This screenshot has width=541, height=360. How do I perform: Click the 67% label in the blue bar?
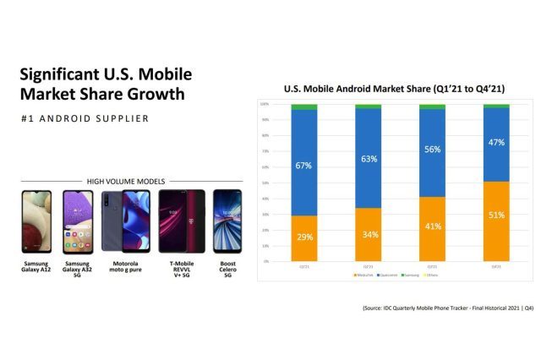[x=303, y=166]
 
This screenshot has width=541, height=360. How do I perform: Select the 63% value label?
[x=368, y=158]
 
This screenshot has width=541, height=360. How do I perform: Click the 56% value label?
[x=432, y=149]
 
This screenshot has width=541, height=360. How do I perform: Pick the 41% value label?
[x=432, y=227]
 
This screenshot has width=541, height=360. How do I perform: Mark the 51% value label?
[x=496, y=215]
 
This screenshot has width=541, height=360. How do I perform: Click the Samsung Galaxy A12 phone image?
[x=36, y=222]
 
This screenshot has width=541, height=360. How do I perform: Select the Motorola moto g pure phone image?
[x=124, y=222]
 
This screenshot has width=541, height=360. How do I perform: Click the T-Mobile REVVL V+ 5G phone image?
[x=182, y=222]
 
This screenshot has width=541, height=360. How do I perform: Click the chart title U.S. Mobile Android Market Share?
[x=395, y=89]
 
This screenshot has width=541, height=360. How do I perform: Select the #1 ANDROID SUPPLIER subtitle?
[x=84, y=118]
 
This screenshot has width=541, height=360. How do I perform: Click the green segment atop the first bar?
[x=303, y=107]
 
